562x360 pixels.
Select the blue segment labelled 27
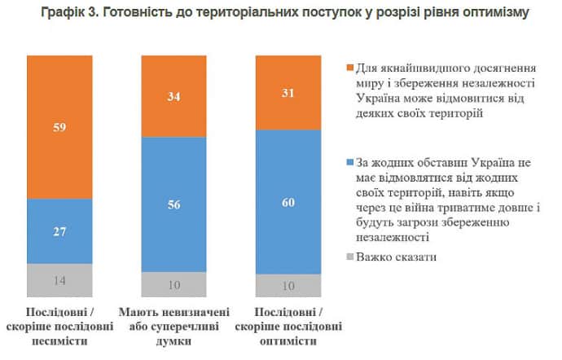pos(59,231)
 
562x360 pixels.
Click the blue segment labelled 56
pos(173,204)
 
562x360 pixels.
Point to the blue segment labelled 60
pos(288,202)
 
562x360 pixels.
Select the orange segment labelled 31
pos(288,93)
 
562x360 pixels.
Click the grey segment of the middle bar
pos(173,283)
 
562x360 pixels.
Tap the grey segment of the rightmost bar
pos(288,285)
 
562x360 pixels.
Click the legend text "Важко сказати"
pos(396,257)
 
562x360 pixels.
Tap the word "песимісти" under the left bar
pos(59,340)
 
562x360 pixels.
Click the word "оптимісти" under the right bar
pos(288,340)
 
